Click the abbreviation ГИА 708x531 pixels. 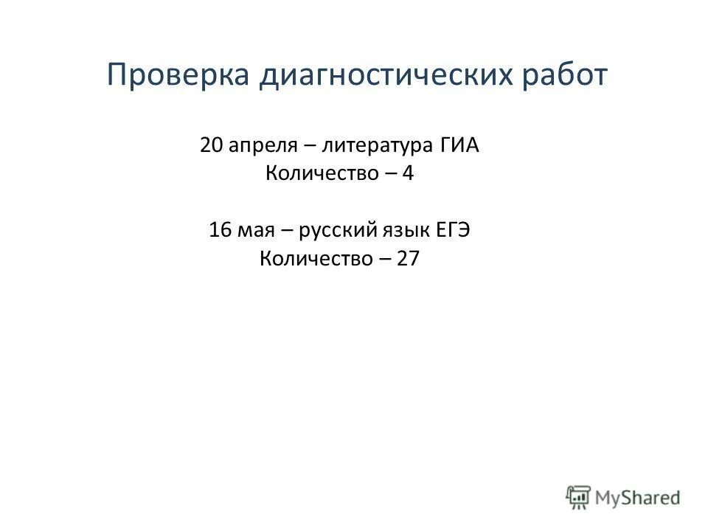[460, 145]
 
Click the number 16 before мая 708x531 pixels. [220, 230]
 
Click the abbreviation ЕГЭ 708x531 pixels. [454, 230]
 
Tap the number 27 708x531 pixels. [408, 259]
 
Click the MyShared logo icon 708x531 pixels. [577, 497]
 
